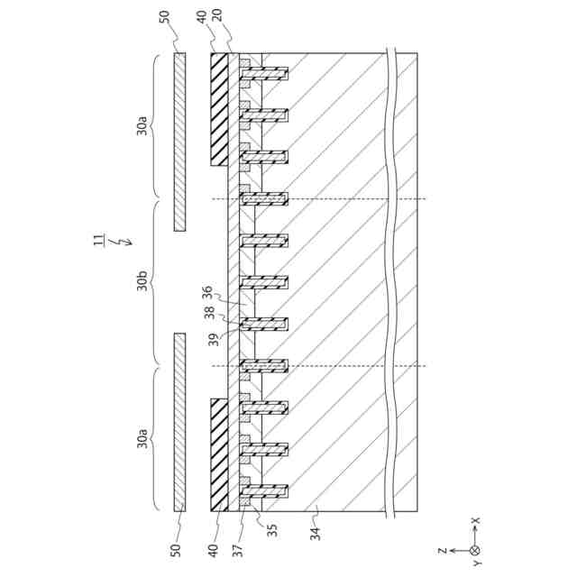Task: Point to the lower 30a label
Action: (x=143, y=439)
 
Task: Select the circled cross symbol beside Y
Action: (x=475, y=549)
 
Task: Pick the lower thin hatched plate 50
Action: (x=179, y=423)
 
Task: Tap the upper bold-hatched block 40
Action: (x=219, y=108)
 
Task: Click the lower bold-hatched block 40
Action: (x=219, y=455)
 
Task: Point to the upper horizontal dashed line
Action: (x=316, y=199)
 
